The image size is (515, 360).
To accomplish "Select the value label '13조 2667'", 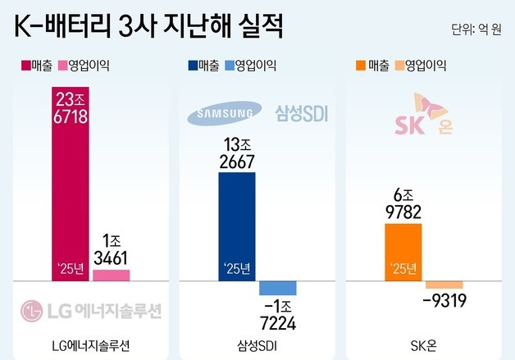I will [x=237, y=153].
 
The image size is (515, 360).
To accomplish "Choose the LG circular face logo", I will [x=30, y=311].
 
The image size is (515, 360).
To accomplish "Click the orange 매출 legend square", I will [x=361, y=64].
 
